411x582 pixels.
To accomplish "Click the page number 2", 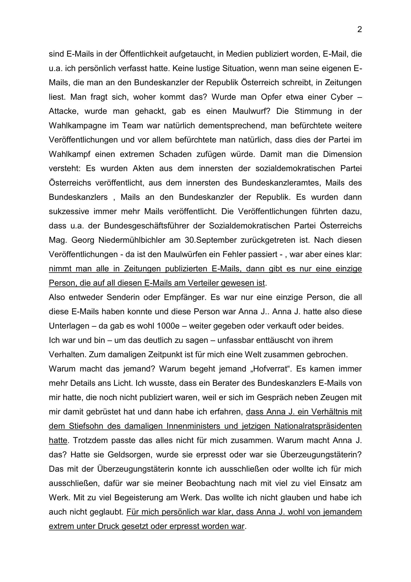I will (x=359, y=30).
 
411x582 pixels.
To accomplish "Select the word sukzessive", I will (x=69, y=212).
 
